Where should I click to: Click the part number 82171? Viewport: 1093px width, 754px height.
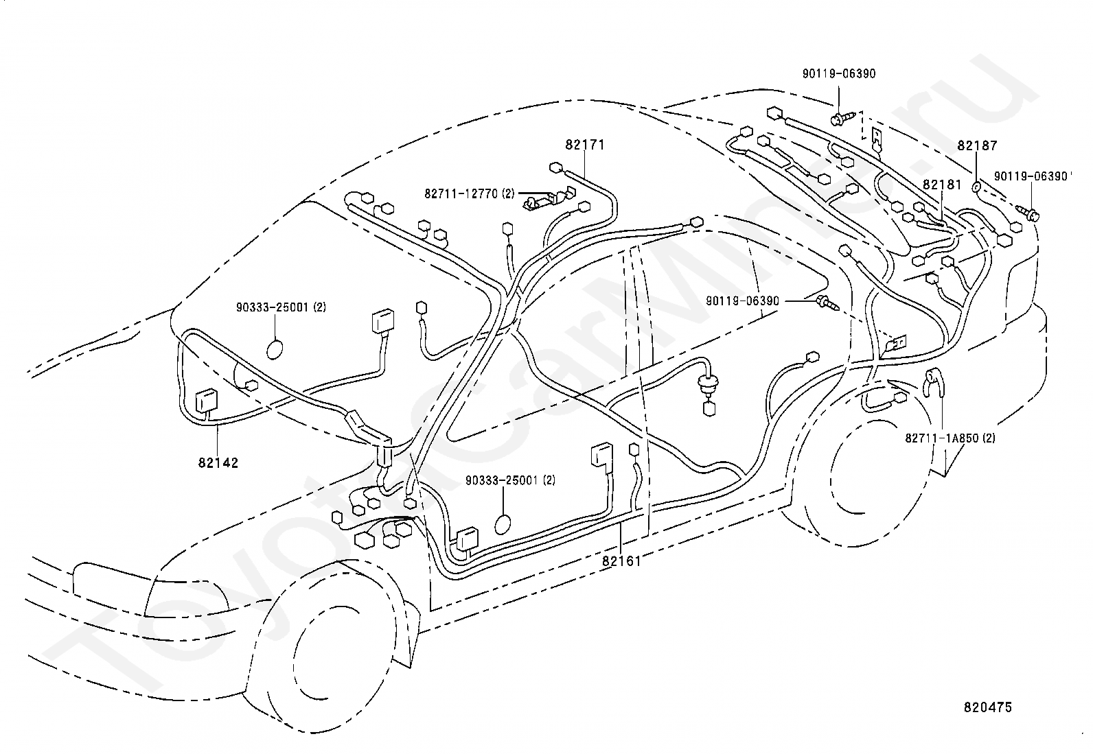tap(584, 145)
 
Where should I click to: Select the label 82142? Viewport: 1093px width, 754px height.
tap(218, 463)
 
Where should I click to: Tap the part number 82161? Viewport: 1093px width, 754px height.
tap(621, 561)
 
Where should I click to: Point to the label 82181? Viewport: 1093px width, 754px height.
tap(942, 185)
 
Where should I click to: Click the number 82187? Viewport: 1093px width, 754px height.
tap(978, 145)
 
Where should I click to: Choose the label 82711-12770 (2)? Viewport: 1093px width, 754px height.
tap(470, 193)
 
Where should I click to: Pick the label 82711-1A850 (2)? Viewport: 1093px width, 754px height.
tap(950, 438)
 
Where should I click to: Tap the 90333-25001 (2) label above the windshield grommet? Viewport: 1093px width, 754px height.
tap(281, 307)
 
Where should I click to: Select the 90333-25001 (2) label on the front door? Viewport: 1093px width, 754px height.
tap(510, 480)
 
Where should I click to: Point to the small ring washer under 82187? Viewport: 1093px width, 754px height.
tap(976, 187)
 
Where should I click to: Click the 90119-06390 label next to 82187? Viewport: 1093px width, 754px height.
tap(1031, 176)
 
